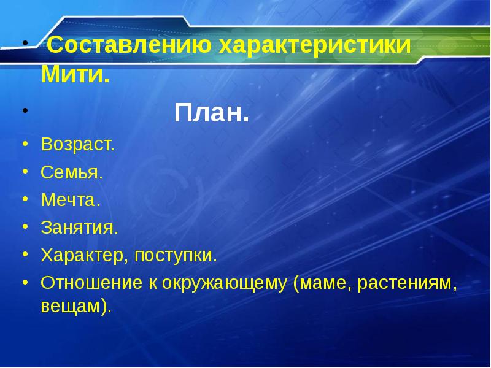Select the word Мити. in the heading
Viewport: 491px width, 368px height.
75,76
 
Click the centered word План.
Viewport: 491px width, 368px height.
212,113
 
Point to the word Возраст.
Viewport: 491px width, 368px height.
77,145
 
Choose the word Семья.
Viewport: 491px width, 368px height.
72,173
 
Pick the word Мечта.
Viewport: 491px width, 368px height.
71,201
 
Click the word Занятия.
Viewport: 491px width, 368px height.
79,228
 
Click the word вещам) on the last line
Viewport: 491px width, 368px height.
77,306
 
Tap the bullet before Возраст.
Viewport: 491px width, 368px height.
25,144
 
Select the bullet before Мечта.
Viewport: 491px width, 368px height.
25,199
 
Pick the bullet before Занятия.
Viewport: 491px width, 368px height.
25,227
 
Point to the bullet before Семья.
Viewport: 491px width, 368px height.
25,172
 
